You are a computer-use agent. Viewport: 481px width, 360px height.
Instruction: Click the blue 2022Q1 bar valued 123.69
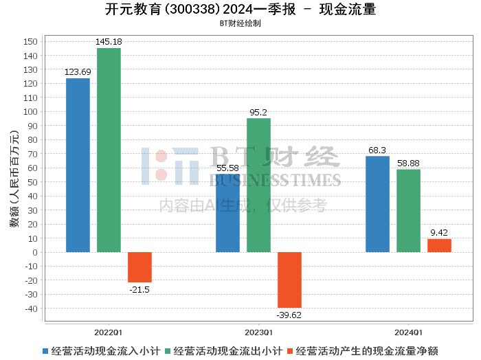click(78, 165)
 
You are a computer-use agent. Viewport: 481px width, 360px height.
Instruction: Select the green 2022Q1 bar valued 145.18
click(109, 150)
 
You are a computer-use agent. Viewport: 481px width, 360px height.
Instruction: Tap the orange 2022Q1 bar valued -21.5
click(139, 267)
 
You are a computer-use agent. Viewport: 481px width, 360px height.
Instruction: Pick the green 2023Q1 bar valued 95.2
click(258, 185)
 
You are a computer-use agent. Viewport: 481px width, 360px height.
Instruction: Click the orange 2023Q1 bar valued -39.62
click(289, 280)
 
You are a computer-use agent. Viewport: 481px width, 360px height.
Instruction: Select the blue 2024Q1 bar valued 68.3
click(377, 204)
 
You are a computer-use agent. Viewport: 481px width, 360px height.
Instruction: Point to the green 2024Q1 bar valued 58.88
click(408, 210)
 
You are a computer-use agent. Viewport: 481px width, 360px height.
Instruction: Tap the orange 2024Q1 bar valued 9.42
click(439, 245)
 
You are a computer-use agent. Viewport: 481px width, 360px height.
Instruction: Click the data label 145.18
click(109, 43)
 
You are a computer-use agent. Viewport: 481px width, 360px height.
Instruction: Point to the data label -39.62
click(289, 315)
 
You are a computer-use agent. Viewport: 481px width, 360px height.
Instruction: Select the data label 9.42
click(439, 233)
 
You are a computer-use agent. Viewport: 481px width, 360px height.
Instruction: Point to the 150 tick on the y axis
click(30, 41)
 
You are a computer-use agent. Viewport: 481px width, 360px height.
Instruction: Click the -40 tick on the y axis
click(30, 308)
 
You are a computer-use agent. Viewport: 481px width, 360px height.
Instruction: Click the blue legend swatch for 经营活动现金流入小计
click(46, 351)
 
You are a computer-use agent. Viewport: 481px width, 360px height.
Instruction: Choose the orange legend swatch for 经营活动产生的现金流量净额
click(291, 351)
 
